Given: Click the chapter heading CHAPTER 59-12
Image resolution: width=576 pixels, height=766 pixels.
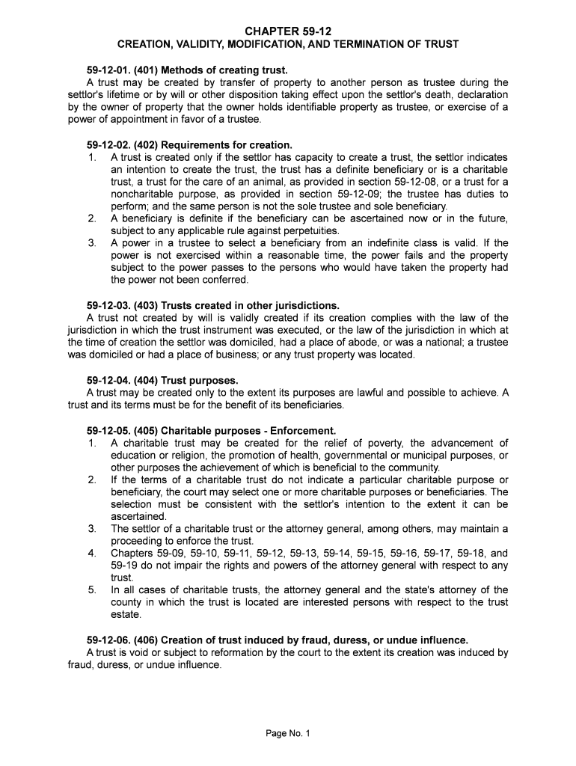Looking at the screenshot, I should coord(288,31).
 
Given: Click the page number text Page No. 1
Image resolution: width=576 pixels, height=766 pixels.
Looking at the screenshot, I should coord(288,733).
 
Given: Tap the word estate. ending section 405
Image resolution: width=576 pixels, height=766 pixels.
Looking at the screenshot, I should coord(126,614).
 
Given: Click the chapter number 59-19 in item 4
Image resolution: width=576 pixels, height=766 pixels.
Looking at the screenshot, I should coord(124,566).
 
